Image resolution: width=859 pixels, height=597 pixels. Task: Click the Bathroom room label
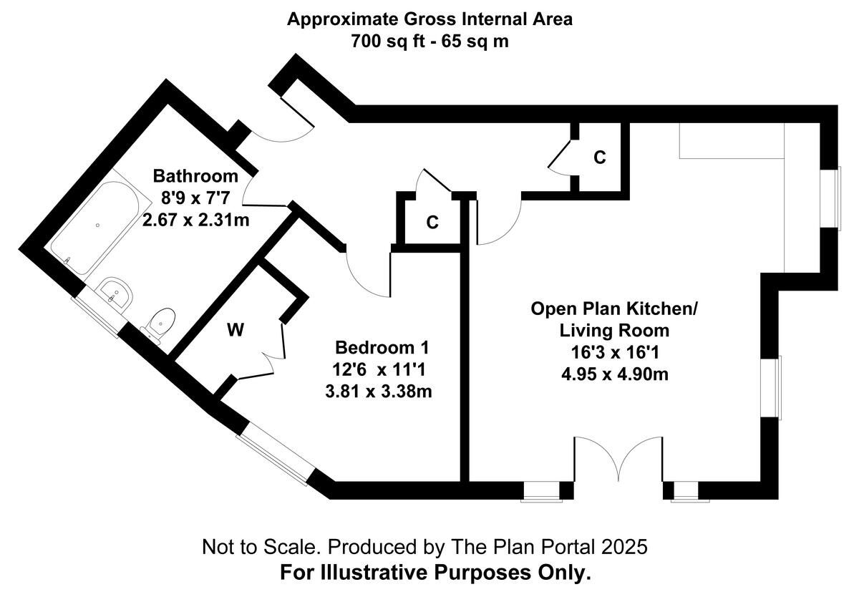[x=195, y=176]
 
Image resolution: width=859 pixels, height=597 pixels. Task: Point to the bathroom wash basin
[x=115, y=293]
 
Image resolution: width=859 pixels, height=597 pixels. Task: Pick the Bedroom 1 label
[x=382, y=349]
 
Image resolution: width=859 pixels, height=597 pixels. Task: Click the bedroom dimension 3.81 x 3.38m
[x=382, y=392]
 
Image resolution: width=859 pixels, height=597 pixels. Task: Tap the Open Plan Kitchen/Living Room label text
[x=613, y=320]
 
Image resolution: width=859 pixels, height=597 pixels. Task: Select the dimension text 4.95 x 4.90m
[x=613, y=374]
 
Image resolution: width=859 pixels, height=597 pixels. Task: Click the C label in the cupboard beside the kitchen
[x=600, y=157]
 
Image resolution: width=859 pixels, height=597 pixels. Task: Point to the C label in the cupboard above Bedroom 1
[x=432, y=223]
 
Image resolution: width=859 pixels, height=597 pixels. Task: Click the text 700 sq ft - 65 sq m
[x=429, y=41]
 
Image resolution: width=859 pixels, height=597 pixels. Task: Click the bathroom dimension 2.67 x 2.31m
[x=195, y=220]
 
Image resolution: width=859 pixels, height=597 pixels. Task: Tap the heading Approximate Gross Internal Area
[x=429, y=19]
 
